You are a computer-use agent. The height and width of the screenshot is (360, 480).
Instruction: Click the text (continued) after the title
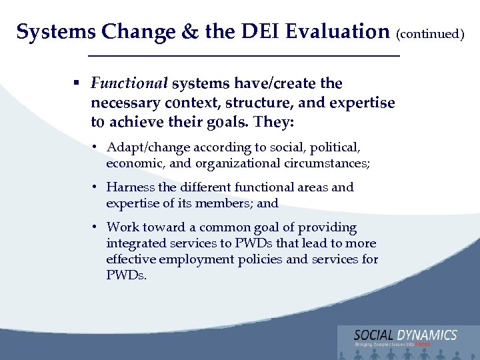pos(430,33)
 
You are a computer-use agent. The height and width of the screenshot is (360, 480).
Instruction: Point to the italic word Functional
pos(129,84)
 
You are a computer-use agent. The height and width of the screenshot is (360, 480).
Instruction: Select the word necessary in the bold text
pos(125,103)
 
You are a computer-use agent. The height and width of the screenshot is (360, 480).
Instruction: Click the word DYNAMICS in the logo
pos(424,335)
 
